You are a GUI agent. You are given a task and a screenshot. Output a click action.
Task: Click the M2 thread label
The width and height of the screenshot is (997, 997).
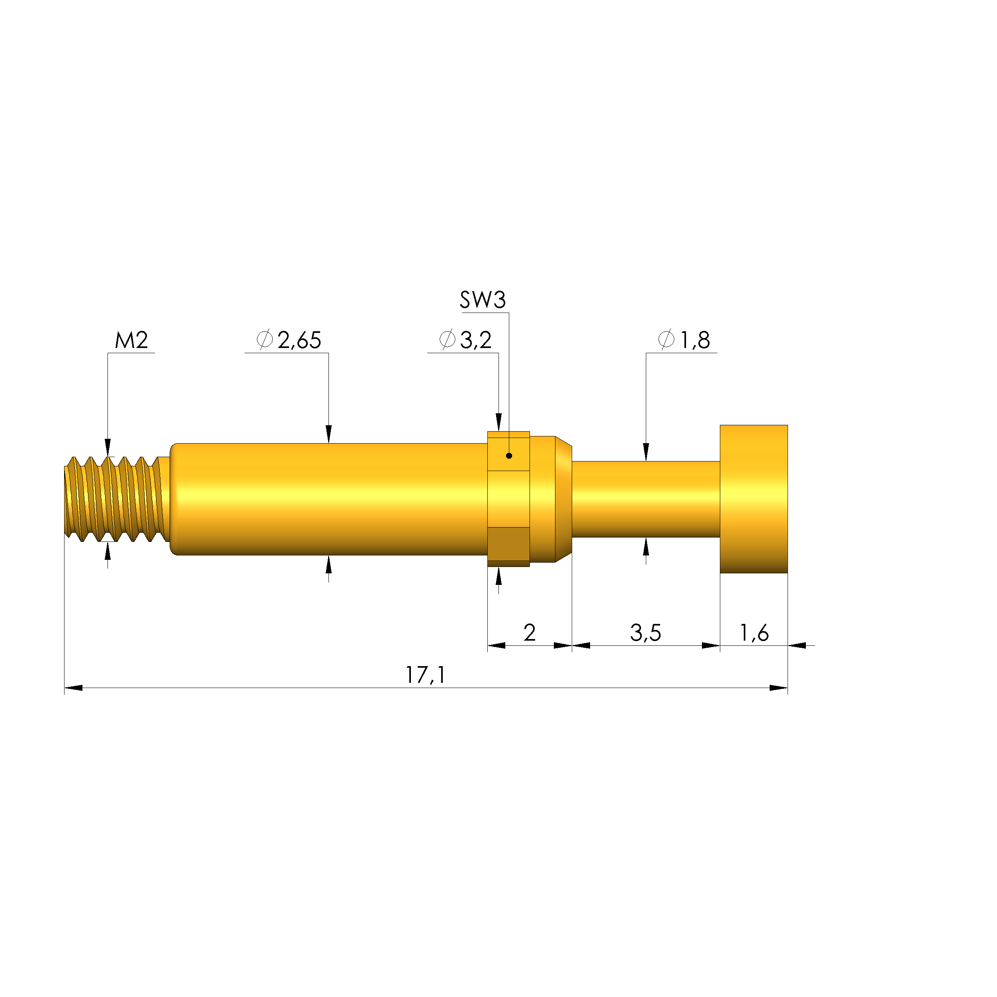coord(131,340)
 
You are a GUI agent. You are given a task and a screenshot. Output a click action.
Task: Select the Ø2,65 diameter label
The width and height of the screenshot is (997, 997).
coord(289,340)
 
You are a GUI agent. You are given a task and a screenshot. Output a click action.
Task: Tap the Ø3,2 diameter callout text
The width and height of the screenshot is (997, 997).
coord(465,340)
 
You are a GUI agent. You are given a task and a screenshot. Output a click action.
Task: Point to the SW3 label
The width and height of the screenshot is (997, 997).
coord(483,300)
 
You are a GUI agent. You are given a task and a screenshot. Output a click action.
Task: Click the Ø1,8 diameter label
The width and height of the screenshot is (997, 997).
coord(684,340)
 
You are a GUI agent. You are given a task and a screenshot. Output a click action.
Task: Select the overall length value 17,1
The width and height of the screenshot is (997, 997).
coord(425,675)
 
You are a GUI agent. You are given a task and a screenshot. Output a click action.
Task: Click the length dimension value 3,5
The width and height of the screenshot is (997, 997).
coord(645,633)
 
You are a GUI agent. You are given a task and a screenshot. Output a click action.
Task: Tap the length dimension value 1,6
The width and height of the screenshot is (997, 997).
coord(754,633)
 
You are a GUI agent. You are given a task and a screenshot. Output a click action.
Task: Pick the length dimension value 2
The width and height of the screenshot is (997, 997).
coord(530,633)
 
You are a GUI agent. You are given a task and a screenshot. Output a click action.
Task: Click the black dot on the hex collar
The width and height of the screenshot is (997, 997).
coord(509,455)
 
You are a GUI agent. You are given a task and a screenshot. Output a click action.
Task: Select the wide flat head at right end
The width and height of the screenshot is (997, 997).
coord(753,499)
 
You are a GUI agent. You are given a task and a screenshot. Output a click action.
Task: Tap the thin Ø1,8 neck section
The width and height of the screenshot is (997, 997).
coord(645,499)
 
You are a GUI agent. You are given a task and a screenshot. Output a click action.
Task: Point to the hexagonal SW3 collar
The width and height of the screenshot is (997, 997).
coord(508,499)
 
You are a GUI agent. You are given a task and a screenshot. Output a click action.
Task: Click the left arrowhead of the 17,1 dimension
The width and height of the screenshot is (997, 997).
coord(73,688)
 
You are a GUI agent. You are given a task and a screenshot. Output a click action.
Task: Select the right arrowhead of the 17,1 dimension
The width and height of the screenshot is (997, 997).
coord(778,688)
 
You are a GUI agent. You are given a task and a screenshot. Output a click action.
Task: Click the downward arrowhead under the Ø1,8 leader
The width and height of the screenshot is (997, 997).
coord(645,452)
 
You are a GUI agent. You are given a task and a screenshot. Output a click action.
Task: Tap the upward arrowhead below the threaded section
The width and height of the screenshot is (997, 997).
coord(108,551)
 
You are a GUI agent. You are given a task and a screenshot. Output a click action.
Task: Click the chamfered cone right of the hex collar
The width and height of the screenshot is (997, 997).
coord(563,499)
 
